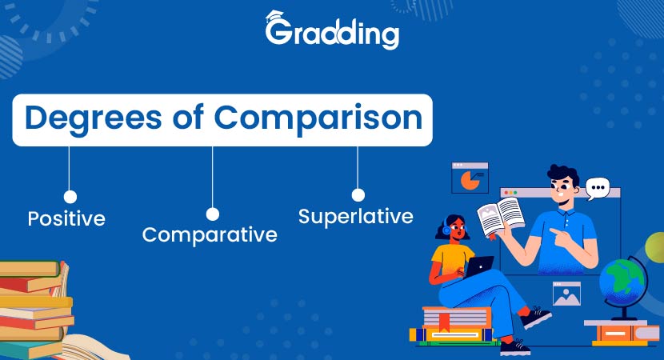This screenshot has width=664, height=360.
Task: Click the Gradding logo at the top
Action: (x=332, y=30)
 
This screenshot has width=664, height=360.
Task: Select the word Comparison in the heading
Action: (x=318, y=118)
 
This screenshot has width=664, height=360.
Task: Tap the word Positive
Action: (x=66, y=218)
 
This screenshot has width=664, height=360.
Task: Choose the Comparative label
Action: (x=210, y=234)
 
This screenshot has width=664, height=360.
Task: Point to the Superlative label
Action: (x=356, y=217)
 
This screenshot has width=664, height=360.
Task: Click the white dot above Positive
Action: (x=70, y=197)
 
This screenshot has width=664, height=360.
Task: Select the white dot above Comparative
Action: (x=213, y=214)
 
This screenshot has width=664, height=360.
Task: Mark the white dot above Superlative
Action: (x=358, y=195)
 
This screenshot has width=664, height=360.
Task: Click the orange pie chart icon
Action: (x=470, y=181)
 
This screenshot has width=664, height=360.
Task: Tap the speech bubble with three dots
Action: (x=598, y=188)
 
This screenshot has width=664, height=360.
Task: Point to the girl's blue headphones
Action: (x=446, y=229)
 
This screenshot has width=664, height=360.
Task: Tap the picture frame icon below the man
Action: (x=566, y=294)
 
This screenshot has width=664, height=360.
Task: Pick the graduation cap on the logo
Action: (x=274, y=16)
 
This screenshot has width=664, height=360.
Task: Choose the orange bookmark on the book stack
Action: (x=444, y=322)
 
